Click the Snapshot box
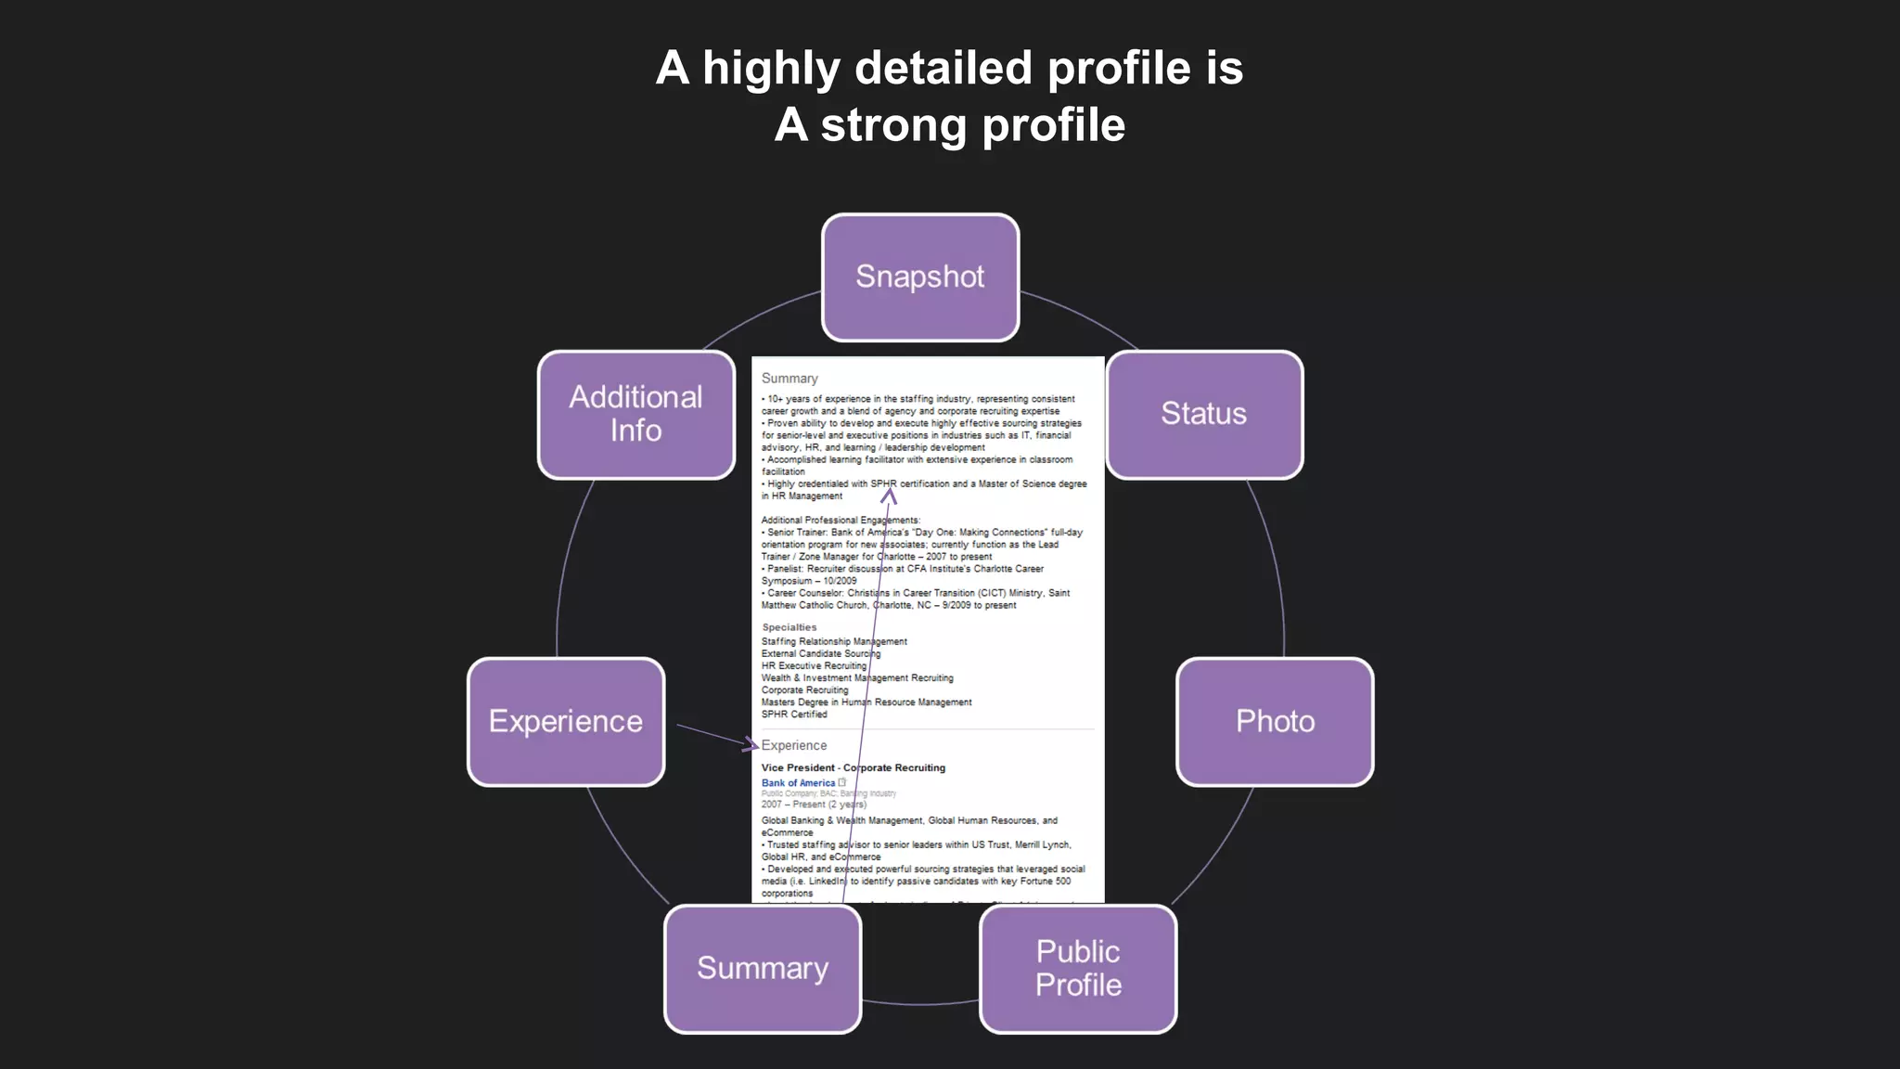[x=920, y=277]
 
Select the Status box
[x=1204, y=414]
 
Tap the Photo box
[x=1275, y=722]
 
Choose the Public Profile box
[x=1078, y=969]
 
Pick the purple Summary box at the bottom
[x=763, y=969]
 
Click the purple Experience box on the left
[x=566, y=722]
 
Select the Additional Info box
[x=636, y=414]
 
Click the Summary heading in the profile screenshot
[x=790, y=379]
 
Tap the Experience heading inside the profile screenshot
[x=794, y=745]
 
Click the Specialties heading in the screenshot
[x=790, y=627]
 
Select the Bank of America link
[x=798, y=783]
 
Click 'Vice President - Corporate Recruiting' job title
[x=854, y=767]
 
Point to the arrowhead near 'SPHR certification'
[x=889, y=496]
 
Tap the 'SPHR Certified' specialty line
[x=794, y=715]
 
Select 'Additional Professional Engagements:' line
[x=841, y=521]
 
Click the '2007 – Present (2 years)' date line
[x=814, y=805]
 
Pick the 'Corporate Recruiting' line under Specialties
[x=804, y=690]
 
